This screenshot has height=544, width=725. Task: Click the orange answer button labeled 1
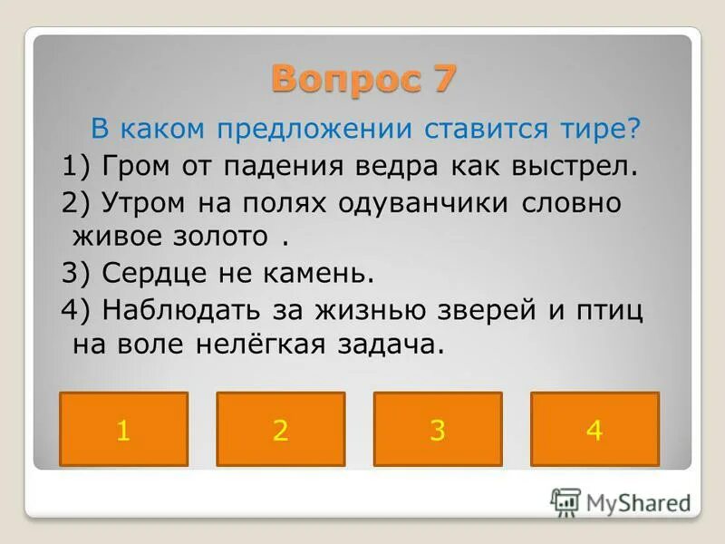(123, 430)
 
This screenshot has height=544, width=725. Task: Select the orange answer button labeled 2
(280, 430)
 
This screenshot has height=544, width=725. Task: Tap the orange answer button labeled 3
(438, 430)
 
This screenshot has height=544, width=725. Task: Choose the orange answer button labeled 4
(594, 430)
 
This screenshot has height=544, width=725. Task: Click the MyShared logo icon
(566, 501)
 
